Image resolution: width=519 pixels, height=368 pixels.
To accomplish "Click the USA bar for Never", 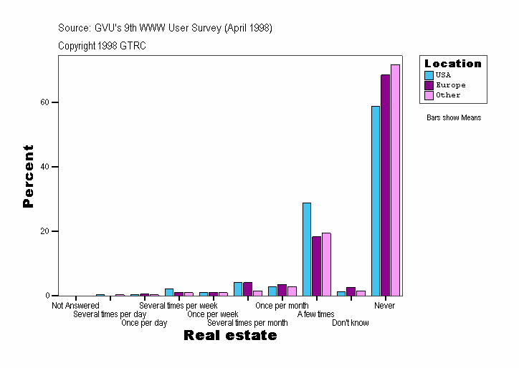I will pos(376,200).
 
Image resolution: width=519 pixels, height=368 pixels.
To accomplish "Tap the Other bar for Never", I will pos(395,180).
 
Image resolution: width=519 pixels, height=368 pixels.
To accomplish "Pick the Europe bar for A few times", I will pos(316,266).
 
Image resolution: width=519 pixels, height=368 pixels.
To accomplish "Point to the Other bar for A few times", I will pos(326,264).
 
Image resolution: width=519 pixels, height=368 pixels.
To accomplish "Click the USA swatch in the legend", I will pos(429,75).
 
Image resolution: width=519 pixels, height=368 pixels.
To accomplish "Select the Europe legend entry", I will pos(450,85).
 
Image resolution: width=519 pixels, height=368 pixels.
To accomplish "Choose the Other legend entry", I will pos(448,95).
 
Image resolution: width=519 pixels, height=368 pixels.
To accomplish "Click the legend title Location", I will pos(453,64).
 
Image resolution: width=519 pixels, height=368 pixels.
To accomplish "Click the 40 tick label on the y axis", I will pos(44,167).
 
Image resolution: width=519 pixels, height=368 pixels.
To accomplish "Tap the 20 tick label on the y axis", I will pos(44,231).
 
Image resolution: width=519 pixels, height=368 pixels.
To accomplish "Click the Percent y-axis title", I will pos(28,176).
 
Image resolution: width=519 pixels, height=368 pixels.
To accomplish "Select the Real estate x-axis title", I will pos(230,335).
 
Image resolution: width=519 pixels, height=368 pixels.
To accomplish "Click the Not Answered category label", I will pos(75,306).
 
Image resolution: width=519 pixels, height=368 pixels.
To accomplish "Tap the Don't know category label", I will pos(351,323).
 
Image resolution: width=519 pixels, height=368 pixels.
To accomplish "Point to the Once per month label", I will pos(282,306).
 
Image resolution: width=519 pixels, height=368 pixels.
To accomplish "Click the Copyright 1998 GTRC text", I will pos(103,45).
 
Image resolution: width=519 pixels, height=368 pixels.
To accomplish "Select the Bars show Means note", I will pos(454,117).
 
